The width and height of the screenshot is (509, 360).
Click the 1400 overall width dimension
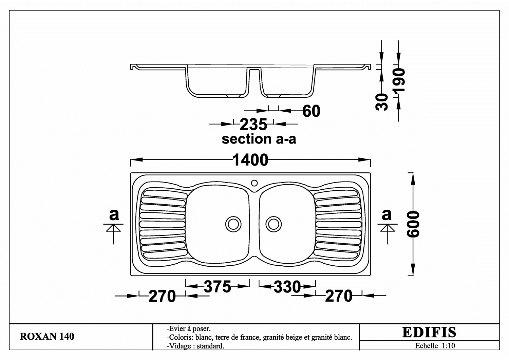pyautogui.click(x=250, y=160)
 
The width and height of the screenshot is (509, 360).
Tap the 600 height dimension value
pyautogui.click(x=413, y=224)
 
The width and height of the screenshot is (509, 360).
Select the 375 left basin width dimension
pyautogui.click(x=218, y=286)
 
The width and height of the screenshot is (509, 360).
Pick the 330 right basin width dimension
pyautogui.click(x=287, y=287)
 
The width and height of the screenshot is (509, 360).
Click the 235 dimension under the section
pyautogui.click(x=253, y=125)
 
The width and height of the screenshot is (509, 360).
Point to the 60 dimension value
pyautogui.click(x=311, y=111)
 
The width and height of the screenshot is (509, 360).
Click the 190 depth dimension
pyautogui.click(x=399, y=80)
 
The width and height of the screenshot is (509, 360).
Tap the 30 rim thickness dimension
pyautogui.click(x=382, y=102)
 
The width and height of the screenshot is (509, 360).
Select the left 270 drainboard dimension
pyautogui.click(x=162, y=296)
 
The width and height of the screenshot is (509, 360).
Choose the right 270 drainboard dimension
pyautogui.click(x=339, y=296)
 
